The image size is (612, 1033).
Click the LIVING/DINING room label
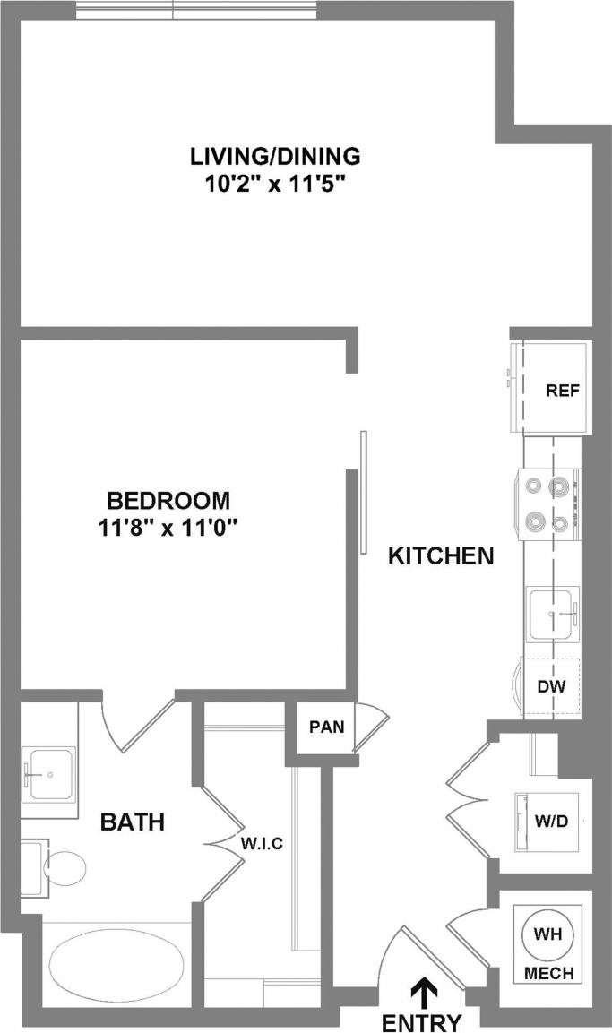tap(275, 156)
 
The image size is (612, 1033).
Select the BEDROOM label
tap(168, 500)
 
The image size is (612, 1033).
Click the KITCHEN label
tap(441, 556)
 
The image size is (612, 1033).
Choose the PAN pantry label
tap(326, 727)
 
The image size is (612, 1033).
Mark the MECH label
tap(547, 973)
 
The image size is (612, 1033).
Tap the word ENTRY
tap(421, 1022)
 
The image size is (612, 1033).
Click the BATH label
tap(132, 822)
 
